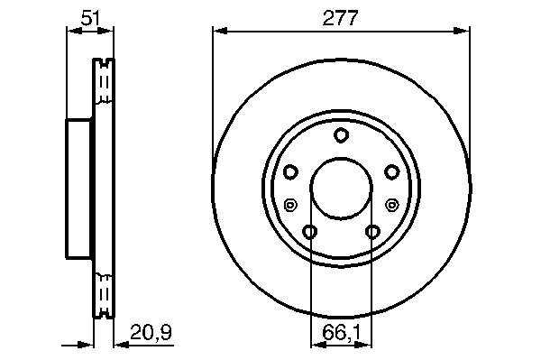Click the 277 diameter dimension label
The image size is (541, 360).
click(340, 18)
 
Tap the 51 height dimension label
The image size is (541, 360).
click(90, 18)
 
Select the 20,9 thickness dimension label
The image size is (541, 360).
click(151, 332)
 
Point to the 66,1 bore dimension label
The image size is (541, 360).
click(341, 333)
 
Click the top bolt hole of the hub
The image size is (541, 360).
click(341, 135)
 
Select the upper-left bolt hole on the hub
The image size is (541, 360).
click(290, 172)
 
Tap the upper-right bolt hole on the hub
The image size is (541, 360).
click(391, 172)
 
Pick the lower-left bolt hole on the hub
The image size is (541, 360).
click(310, 232)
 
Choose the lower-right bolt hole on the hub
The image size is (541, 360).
click(372, 232)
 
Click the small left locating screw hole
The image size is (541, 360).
click(289, 206)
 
